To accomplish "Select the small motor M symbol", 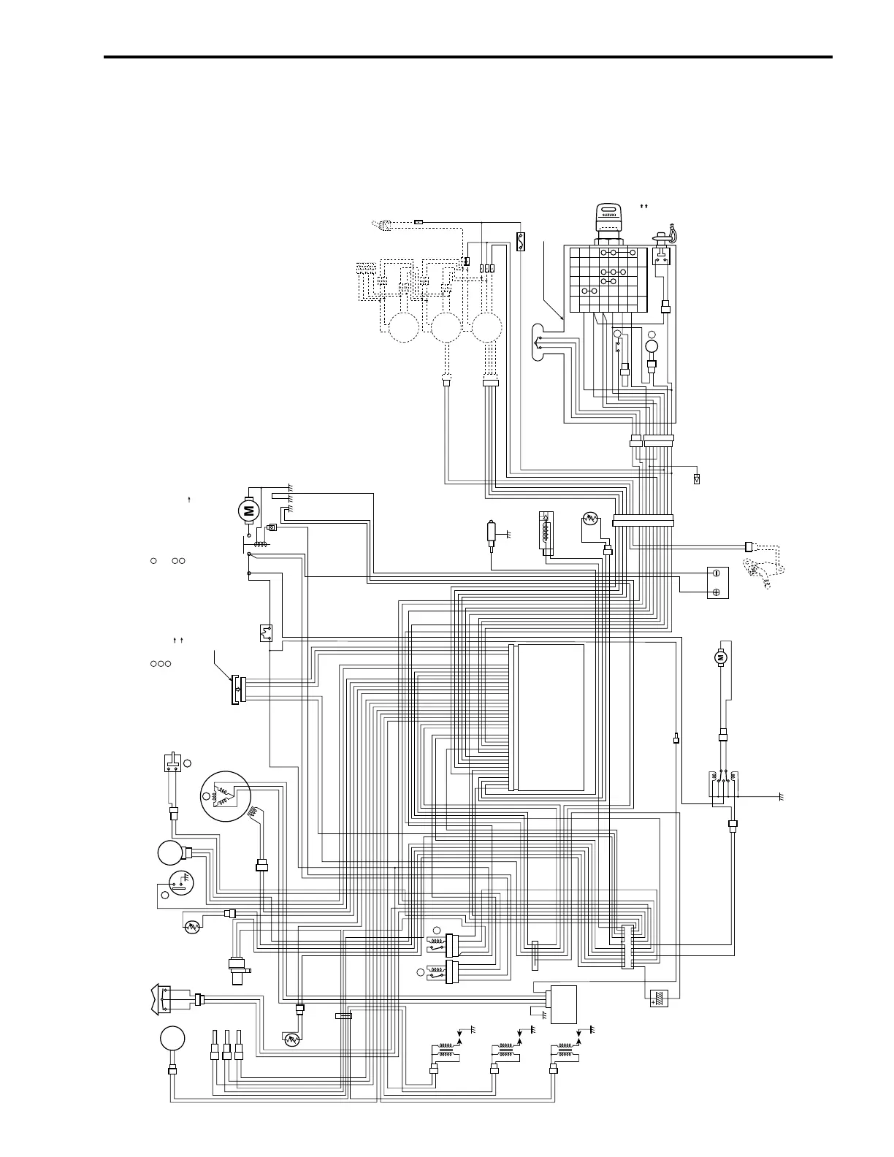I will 722,658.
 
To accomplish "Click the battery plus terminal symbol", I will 717,592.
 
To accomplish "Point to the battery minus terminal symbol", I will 717,573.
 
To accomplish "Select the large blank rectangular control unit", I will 549,718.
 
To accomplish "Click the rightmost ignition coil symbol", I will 565,1053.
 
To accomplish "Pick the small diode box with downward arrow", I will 697,479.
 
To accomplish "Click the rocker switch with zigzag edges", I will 165,999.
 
